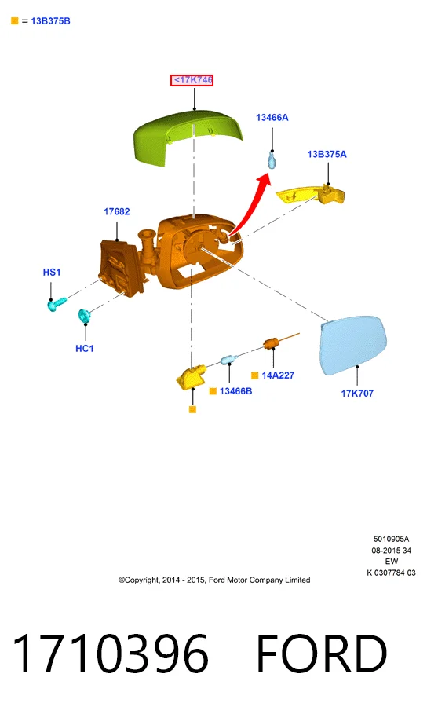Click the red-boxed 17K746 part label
pos(192,80)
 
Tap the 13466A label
pos(272,118)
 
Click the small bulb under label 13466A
pos(272,161)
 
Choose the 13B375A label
pos(327,155)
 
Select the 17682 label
pos(116,211)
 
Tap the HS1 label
pos(52,272)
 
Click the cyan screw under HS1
pos(57,304)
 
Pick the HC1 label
pos(85,348)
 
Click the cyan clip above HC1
pos(84,316)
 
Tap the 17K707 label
pos(357,393)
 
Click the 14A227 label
pos(278,375)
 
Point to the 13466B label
pos(235,391)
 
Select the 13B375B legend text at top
pos(50,21)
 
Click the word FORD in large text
pos(321,654)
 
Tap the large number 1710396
pos(110,654)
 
